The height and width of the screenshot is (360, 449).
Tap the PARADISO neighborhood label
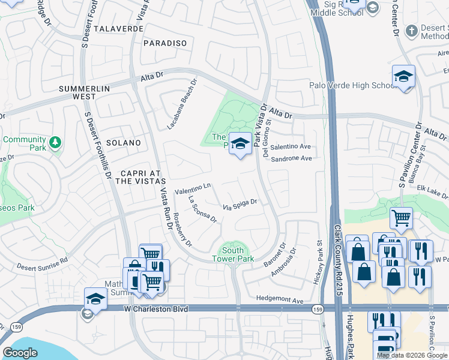coord(165,43)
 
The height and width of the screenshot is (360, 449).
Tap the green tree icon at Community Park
coord(55,142)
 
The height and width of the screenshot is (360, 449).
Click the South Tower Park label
coord(233,254)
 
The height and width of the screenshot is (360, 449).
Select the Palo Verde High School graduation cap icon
coord(404,76)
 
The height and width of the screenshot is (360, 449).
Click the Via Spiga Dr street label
coord(240,205)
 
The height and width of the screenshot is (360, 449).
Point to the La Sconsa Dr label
coord(202,210)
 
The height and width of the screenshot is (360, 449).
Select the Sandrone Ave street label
coord(291,158)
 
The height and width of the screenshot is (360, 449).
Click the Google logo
coord(20,353)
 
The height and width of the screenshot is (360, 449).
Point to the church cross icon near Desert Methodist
coord(411,30)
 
